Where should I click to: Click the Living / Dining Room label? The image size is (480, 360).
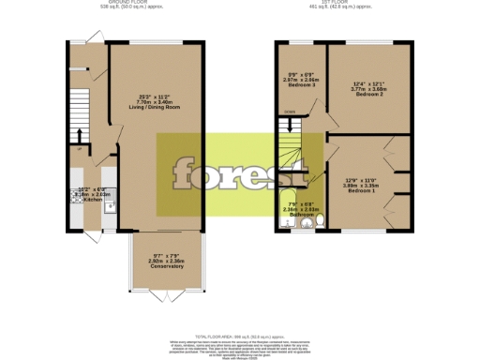155,107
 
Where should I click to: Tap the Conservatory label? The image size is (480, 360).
155,265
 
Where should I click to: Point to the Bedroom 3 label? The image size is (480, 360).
302,84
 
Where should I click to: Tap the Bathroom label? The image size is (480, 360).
301,215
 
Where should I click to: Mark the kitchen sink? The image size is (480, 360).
109,208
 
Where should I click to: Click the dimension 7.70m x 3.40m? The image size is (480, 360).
155,101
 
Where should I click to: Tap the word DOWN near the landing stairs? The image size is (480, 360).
290,112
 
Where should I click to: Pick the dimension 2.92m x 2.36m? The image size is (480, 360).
155,260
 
